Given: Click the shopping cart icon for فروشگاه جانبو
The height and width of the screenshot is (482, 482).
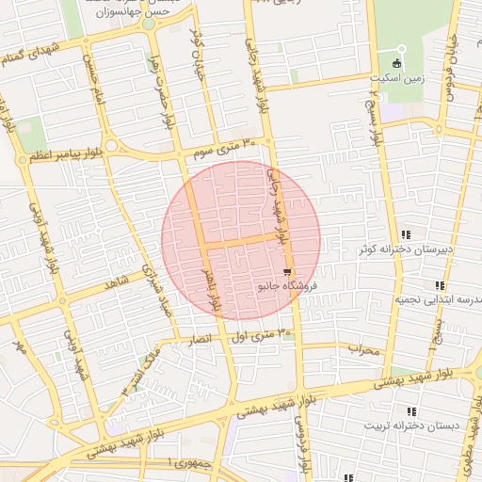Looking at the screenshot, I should (x=286, y=272).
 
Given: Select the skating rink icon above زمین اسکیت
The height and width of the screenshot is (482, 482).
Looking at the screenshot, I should (x=397, y=63).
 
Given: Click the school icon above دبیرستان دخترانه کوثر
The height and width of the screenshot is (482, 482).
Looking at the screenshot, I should (x=406, y=234).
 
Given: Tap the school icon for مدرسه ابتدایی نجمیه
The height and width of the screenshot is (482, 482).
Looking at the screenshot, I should (x=439, y=285).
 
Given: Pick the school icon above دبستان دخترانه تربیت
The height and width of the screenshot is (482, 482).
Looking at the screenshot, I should (x=410, y=411).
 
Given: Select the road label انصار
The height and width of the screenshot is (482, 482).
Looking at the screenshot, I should (x=203, y=336).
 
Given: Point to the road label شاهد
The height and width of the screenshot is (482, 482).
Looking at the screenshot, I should (x=117, y=281).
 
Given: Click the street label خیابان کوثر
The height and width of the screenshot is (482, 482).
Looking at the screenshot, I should (x=198, y=47).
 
